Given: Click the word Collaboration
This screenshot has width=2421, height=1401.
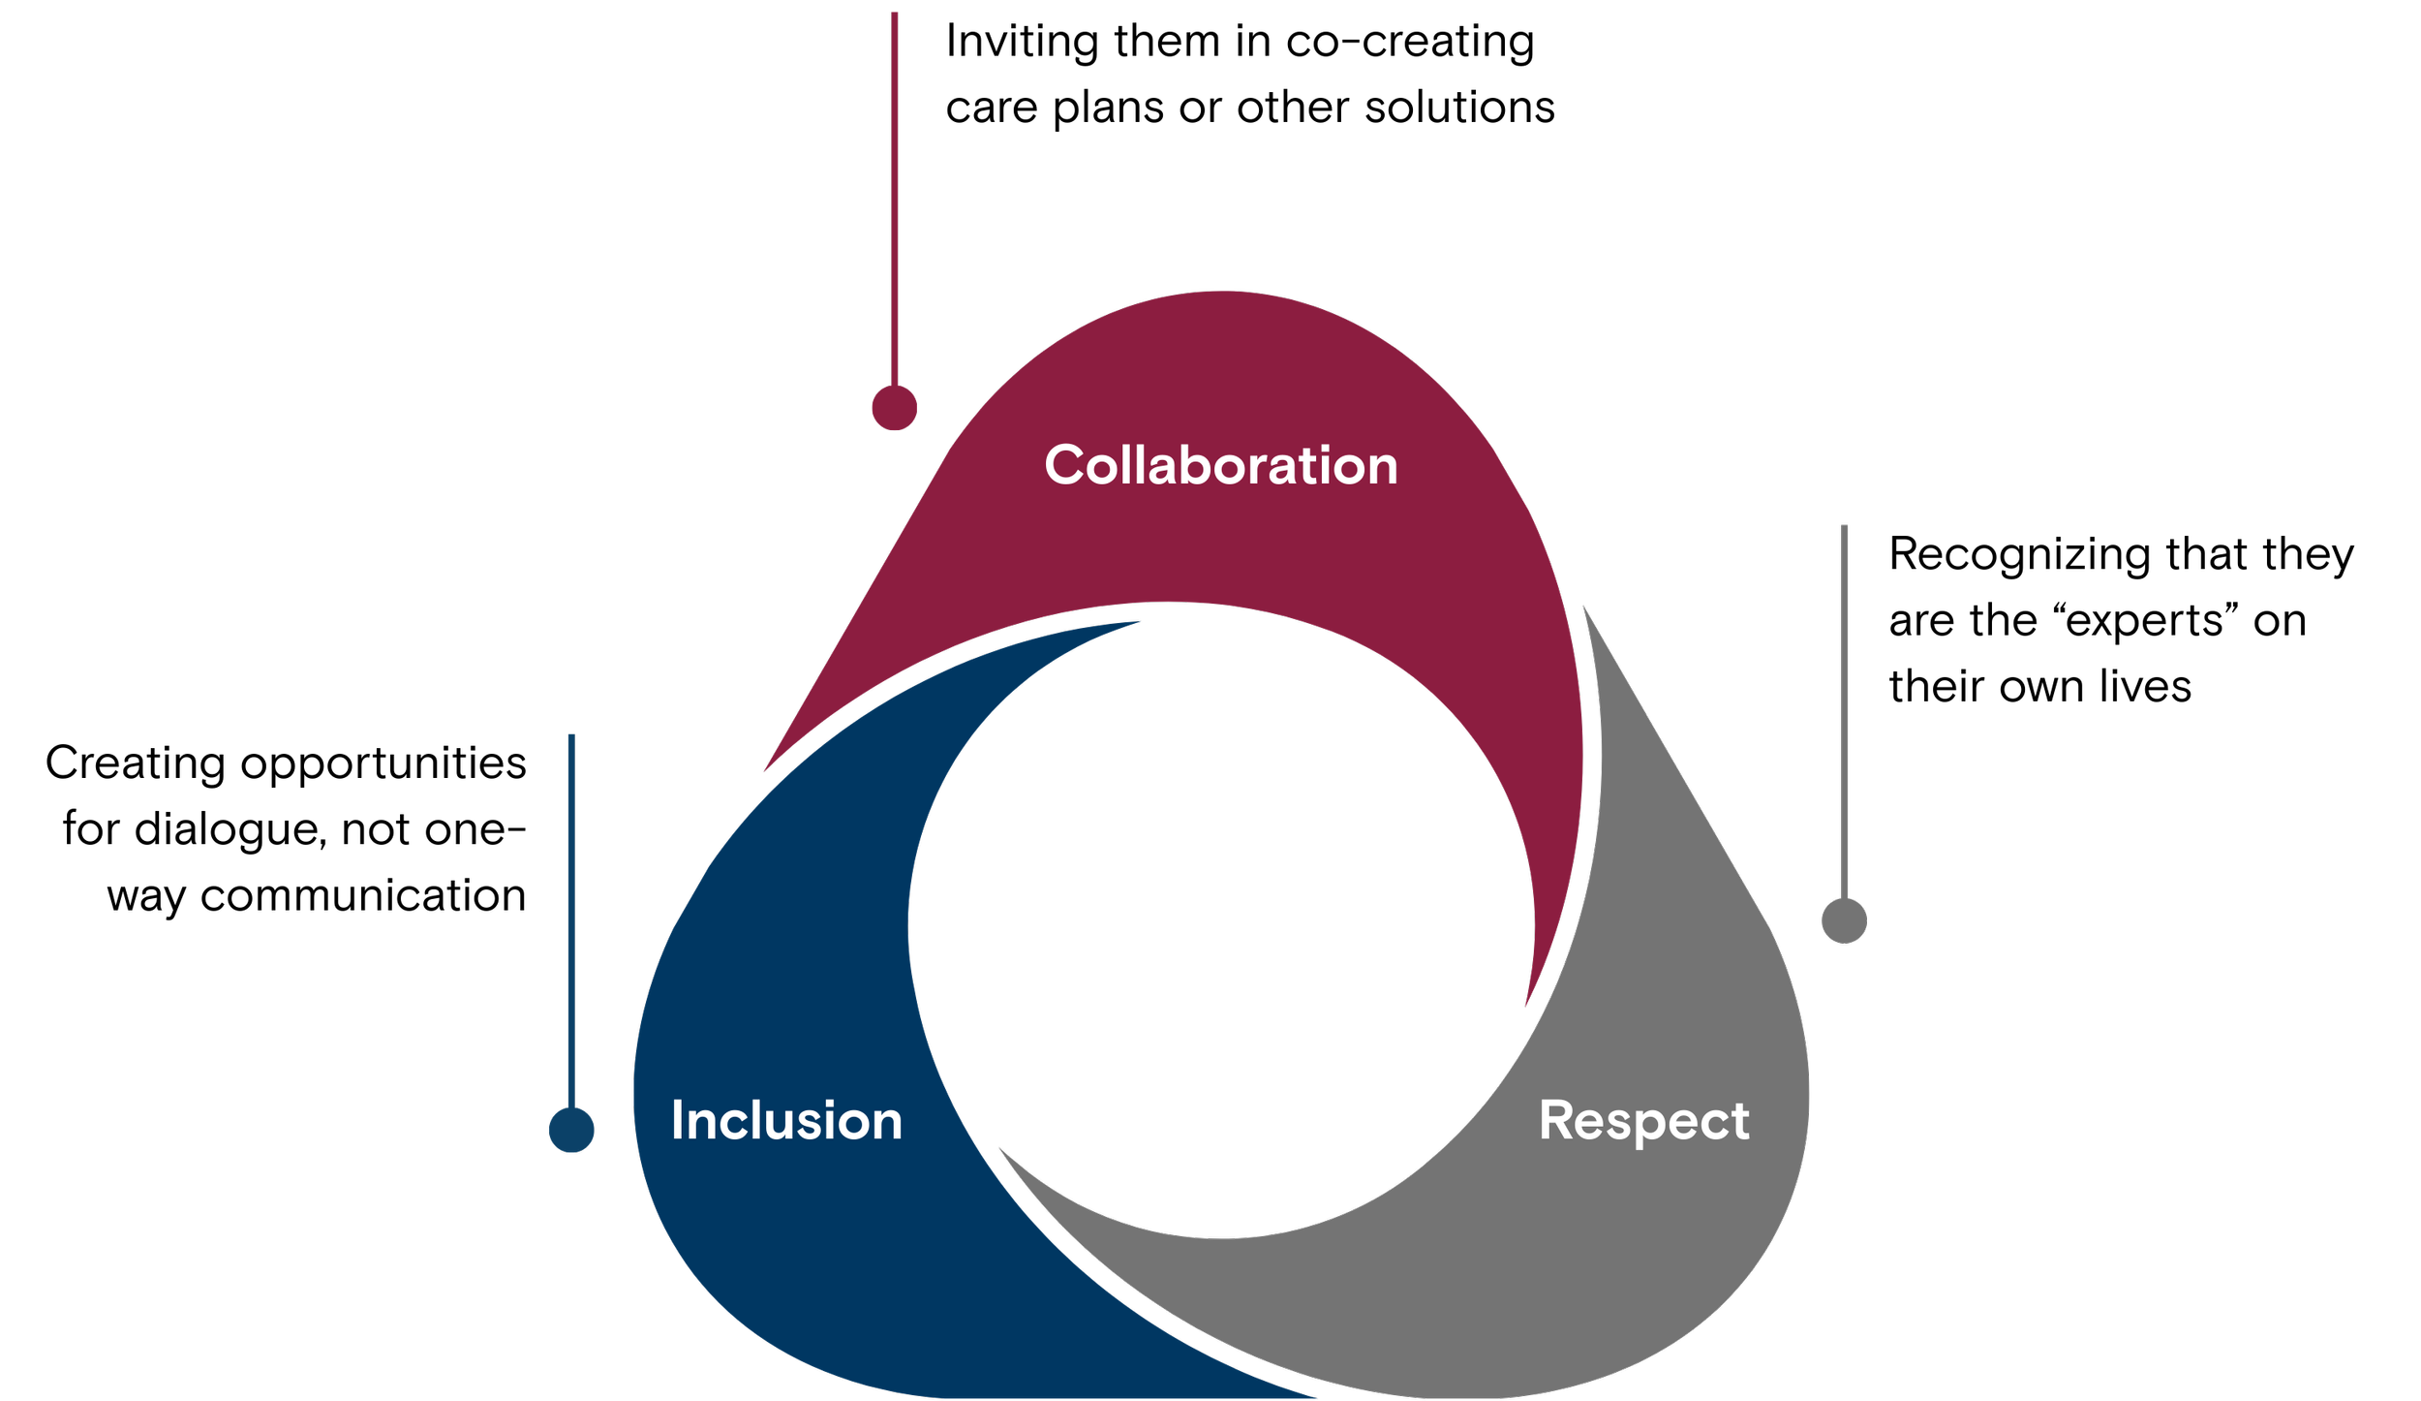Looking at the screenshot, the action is click(x=1220, y=465).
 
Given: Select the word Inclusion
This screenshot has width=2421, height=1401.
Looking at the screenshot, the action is click(x=786, y=1121).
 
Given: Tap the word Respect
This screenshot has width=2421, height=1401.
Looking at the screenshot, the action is click(x=1643, y=1121).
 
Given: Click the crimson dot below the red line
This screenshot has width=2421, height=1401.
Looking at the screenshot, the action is click(x=894, y=408).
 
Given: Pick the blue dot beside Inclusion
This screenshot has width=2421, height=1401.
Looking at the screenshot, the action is click(x=571, y=1130).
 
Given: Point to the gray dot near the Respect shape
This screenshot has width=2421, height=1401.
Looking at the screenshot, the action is click(x=1844, y=920).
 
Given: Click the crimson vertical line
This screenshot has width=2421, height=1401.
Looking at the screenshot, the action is click(x=894, y=194).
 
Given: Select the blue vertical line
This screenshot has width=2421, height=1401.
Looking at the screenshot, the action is click(x=571, y=920).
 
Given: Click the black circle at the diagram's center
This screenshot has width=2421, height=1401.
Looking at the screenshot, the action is click(x=1220, y=920).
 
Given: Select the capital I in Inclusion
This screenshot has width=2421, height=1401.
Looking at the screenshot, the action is click(x=677, y=1120).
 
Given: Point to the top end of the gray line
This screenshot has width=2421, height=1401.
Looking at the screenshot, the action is click(x=1844, y=528).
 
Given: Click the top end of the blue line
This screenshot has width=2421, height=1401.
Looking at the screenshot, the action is click(x=571, y=737).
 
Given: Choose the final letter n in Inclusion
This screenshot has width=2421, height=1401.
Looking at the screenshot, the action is click(x=886, y=1124).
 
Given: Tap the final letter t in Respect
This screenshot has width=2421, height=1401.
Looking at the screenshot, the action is click(x=1739, y=1121).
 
